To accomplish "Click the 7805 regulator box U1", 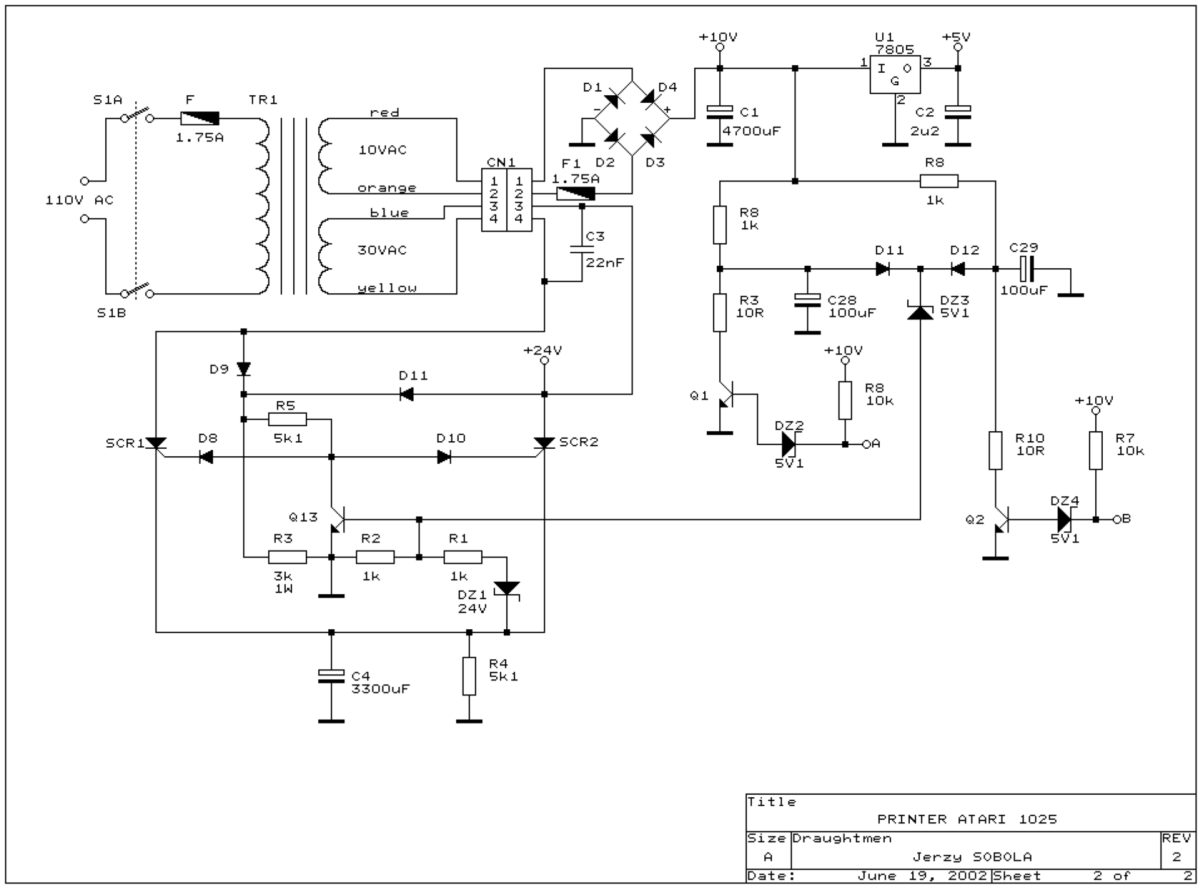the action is [894, 74].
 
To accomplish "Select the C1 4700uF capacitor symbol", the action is [719, 111].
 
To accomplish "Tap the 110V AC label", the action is [80, 201].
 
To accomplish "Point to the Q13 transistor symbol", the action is [337, 519].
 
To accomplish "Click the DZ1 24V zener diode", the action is [507, 588].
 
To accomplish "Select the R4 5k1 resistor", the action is [469, 676].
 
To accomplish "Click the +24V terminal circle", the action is [544, 361].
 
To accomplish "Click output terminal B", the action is [1117, 519].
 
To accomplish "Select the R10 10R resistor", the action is [995, 450].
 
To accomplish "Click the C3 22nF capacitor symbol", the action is [581, 249].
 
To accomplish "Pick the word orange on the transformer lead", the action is [386, 188].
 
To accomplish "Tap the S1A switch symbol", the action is [137, 116].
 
